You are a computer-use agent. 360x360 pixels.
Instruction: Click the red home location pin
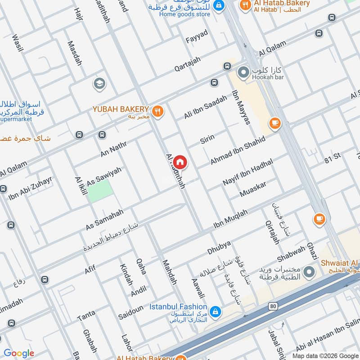tap(180, 162)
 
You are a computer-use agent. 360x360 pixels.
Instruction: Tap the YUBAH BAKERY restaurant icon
tap(157, 111)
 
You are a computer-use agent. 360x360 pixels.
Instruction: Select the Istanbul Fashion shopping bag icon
tap(216, 311)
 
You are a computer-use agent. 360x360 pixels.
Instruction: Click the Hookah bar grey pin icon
tap(243, 72)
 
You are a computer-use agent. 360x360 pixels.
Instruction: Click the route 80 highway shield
tap(273, 306)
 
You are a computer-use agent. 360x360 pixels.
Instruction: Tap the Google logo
tap(19, 353)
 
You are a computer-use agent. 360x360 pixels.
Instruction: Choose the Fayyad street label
tap(197, 36)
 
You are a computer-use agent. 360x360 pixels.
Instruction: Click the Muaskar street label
tap(253, 189)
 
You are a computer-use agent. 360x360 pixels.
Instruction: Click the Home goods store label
tap(184, 13)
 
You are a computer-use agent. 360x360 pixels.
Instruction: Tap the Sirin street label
tap(207, 139)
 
